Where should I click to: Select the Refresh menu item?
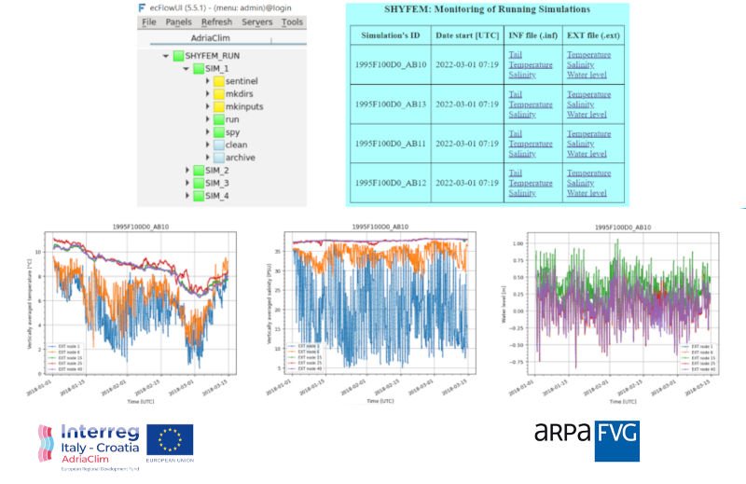coord(216,21)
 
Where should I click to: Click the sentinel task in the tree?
coord(244,81)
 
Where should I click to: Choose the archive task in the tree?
coord(241,158)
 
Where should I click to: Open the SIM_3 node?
coord(216,184)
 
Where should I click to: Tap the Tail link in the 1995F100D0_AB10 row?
coord(516,55)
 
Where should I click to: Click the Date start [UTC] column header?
coord(466,35)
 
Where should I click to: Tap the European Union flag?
coord(170,440)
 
